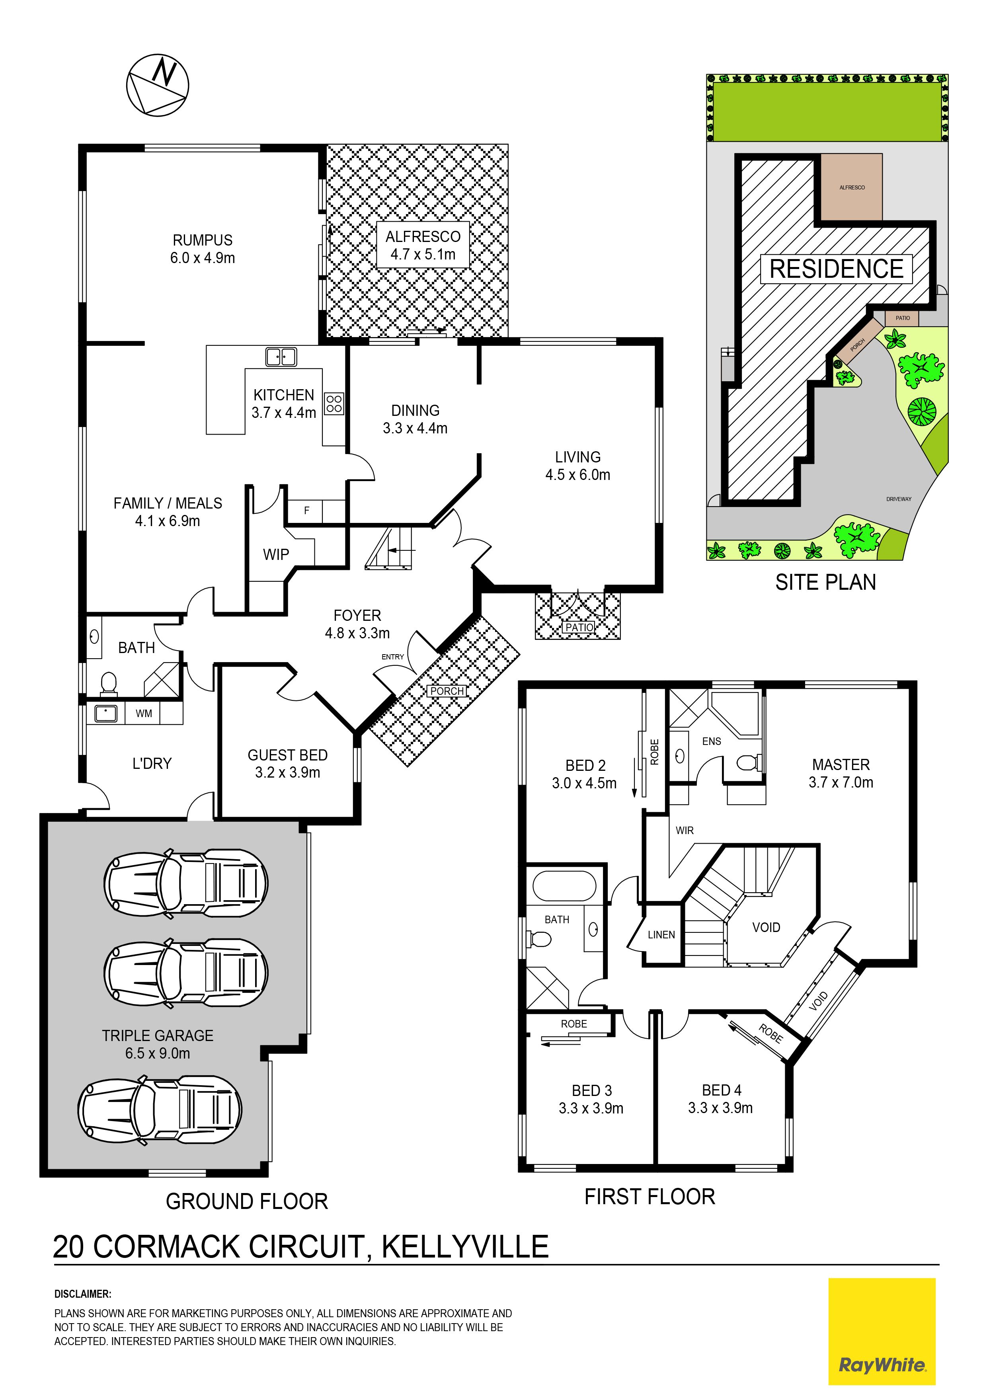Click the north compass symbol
tap(158, 84)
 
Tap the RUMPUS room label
tap(203, 240)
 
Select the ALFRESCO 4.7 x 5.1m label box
tap(423, 246)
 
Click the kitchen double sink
tap(281, 357)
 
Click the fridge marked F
tap(306, 511)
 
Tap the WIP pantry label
tap(276, 554)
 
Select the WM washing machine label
tap(144, 713)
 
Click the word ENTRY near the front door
tap(393, 657)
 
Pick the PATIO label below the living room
tap(579, 627)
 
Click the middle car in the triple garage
tap(186, 973)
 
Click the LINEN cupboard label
tap(661, 934)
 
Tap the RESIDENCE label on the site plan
tap(837, 269)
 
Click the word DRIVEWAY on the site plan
tap(899, 499)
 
